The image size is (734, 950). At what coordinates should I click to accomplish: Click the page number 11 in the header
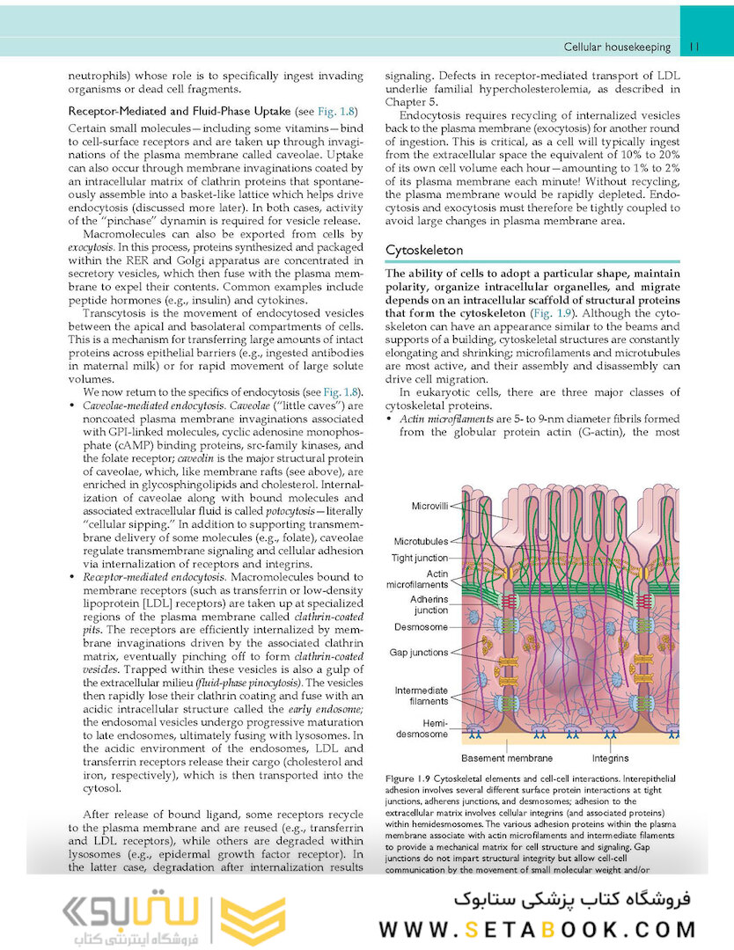[x=694, y=47]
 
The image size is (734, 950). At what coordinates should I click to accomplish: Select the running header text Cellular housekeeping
[x=617, y=47]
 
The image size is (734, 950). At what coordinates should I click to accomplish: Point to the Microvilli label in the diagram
[x=429, y=506]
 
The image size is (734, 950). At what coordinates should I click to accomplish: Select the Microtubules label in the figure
[x=421, y=542]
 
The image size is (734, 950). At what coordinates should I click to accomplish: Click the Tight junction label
[x=420, y=558]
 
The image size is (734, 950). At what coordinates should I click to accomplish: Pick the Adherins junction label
[x=429, y=604]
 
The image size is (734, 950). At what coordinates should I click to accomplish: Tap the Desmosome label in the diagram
[x=422, y=627]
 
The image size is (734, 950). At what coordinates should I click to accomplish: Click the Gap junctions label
[x=419, y=653]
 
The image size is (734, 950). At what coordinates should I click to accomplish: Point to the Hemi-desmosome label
[x=422, y=727]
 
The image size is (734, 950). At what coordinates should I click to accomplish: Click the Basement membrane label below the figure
[x=507, y=758]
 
